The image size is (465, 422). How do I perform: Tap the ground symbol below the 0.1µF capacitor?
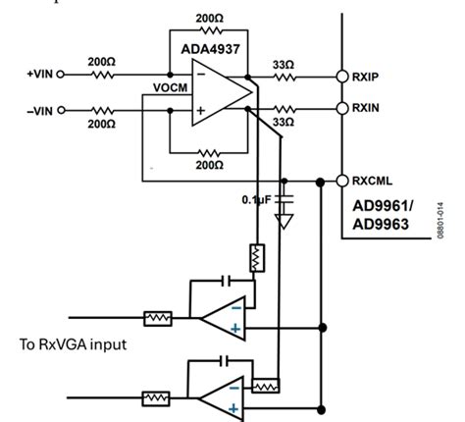284,222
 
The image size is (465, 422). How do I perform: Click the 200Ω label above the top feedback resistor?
207,18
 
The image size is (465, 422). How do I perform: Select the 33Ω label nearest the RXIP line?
283,65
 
